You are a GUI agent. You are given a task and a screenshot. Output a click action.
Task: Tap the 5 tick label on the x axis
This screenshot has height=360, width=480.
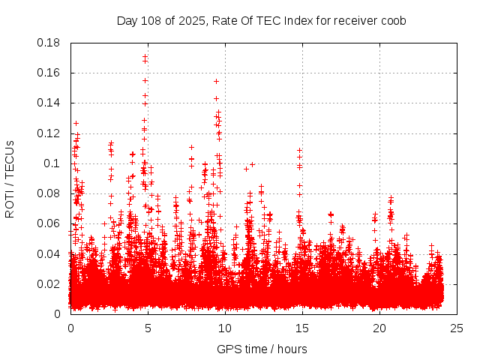point(148,328)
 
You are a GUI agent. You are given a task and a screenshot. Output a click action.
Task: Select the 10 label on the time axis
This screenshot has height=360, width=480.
point(225,328)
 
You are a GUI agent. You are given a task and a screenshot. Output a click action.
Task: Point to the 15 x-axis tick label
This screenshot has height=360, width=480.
point(302,328)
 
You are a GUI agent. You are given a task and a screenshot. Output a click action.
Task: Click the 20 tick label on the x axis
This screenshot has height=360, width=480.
point(379,328)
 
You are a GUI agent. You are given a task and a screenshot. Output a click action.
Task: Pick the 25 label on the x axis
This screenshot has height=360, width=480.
point(457,328)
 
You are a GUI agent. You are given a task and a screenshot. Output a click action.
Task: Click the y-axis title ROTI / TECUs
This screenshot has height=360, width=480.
point(10,178)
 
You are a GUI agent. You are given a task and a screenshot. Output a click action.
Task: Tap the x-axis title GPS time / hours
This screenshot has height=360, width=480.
point(262,349)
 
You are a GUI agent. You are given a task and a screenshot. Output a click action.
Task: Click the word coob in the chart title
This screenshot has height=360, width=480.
point(394,20)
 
